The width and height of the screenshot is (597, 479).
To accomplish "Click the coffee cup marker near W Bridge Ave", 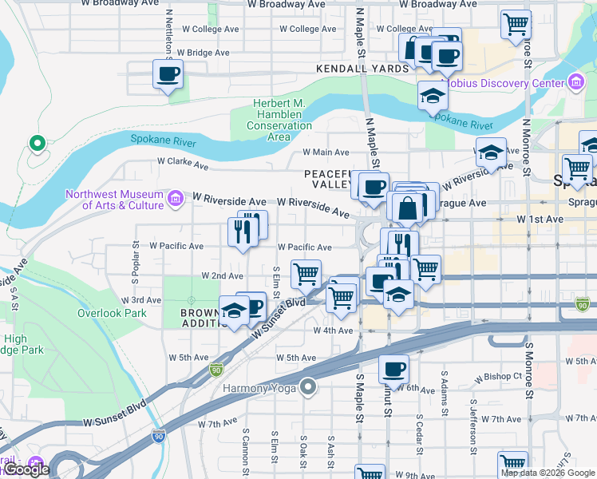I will pos(168,75).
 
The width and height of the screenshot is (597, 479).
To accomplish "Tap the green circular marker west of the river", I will pos(36,144).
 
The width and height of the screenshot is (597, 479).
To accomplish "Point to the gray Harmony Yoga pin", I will pos(308,389).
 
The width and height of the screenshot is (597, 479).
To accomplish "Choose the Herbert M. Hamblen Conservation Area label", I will pos(267,120).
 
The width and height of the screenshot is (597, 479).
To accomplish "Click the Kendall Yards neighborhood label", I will pos(362,69).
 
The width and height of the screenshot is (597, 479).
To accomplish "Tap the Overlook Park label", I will pos(112,313).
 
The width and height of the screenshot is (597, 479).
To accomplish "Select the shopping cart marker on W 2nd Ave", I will pos(306,275).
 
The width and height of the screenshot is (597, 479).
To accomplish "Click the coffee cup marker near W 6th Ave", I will pos(393,370).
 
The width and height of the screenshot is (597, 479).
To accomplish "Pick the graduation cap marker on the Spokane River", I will pos(433,97).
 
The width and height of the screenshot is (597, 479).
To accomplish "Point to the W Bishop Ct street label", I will pos(497,376).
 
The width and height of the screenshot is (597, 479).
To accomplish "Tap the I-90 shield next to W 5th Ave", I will pos(215,370).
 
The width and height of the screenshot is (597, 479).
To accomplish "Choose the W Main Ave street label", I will pos(326,152).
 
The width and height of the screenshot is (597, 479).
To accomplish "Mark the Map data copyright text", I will pos(548,473).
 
